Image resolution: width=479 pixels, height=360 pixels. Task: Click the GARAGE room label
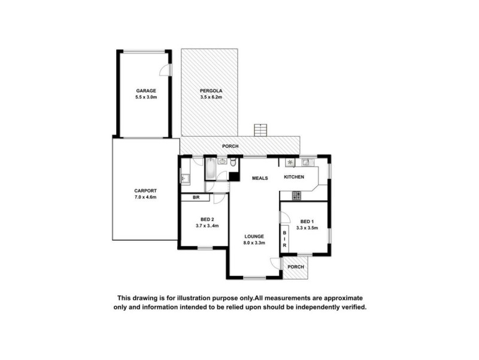coord(145,91)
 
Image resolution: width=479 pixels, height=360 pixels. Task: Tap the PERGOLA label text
coord(210,91)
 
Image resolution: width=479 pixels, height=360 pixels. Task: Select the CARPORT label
coord(145,191)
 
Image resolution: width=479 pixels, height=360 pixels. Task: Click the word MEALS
coord(259,178)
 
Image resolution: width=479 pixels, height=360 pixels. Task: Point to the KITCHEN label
coord(294,177)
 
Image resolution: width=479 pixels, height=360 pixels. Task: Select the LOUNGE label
coord(254,236)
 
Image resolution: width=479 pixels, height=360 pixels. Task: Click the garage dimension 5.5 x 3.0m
coord(145,97)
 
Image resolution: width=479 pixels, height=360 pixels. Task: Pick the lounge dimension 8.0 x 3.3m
coord(254,243)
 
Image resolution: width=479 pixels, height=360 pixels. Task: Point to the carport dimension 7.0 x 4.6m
coord(145,198)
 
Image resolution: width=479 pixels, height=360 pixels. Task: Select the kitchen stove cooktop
coord(295,196)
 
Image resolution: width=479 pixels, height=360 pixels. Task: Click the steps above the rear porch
coord(260,130)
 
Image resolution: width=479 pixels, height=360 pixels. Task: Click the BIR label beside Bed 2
coord(195,198)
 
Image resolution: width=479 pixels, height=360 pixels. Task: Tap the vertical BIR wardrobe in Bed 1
coord(284,238)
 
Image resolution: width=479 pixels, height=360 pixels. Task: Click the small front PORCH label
coord(296,266)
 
